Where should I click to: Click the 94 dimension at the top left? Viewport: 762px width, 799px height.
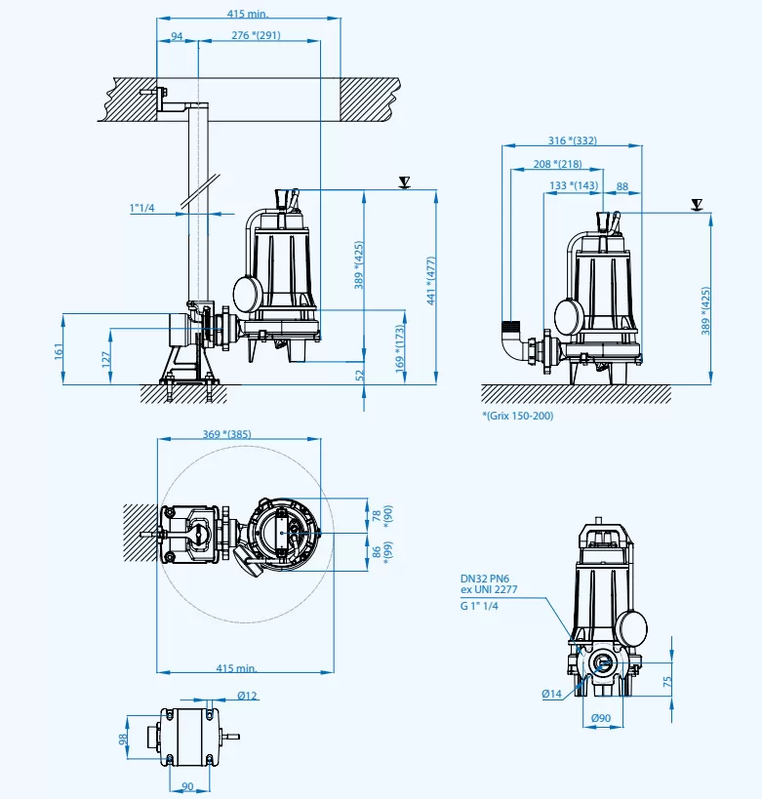177,36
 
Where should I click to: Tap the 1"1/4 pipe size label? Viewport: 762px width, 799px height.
143,207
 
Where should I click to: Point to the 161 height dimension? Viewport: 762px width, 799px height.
59,349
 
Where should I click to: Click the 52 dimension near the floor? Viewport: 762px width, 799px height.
360,375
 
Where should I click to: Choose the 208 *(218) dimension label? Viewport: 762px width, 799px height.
558,164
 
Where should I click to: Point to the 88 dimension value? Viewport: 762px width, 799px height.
622,185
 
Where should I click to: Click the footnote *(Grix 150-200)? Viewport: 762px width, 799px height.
518,417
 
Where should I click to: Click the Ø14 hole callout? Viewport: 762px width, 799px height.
552,694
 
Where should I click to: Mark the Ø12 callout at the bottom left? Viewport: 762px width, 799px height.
247,696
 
